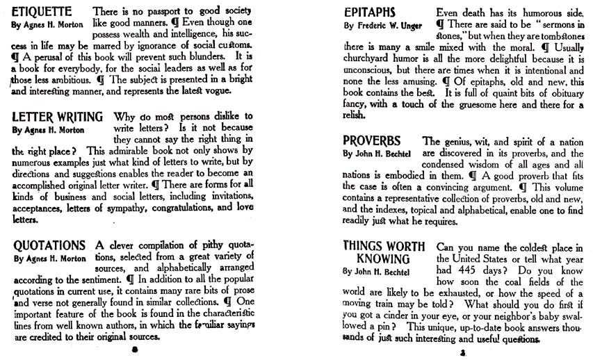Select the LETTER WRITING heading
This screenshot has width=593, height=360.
[58, 116]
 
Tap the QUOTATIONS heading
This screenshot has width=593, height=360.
[49, 245]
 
